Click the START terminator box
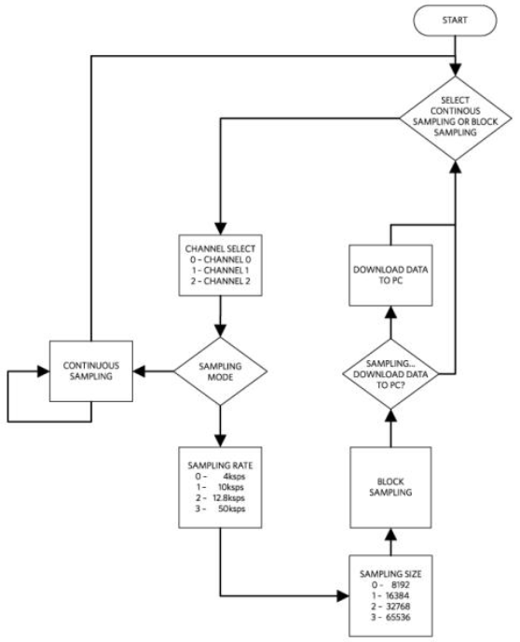pyautogui.click(x=455, y=21)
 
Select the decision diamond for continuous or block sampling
pyautogui.click(x=456, y=119)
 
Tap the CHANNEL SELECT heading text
pyautogui.click(x=220, y=248)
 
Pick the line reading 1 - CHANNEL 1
pyautogui.click(x=220, y=271)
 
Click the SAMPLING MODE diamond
pyautogui.click(x=220, y=371)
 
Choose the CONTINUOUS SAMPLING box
pyautogui.click(x=91, y=371)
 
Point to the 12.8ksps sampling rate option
pyautogui.click(x=220, y=498)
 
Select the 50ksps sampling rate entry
pyautogui.click(x=220, y=509)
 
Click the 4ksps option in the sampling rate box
pyautogui.click(x=220, y=476)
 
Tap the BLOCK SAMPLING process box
pyautogui.click(x=390, y=487)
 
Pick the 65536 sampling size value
pyautogui.click(x=390, y=617)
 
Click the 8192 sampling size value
pyautogui.click(x=390, y=585)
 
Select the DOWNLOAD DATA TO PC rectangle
pyautogui.click(x=390, y=275)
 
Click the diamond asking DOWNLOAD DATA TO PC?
pyautogui.click(x=390, y=374)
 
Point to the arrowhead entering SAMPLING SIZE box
pyautogui.click(x=343, y=595)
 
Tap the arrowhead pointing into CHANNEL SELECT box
pyautogui.click(x=220, y=229)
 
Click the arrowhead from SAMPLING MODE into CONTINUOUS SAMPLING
pyautogui.click(x=140, y=371)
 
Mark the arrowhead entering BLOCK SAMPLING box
pyautogui.click(x=390, y=535)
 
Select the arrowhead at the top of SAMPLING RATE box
pyautogui.click(x=220, y=440)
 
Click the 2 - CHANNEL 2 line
pyautogui.click(x=220, y=281)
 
